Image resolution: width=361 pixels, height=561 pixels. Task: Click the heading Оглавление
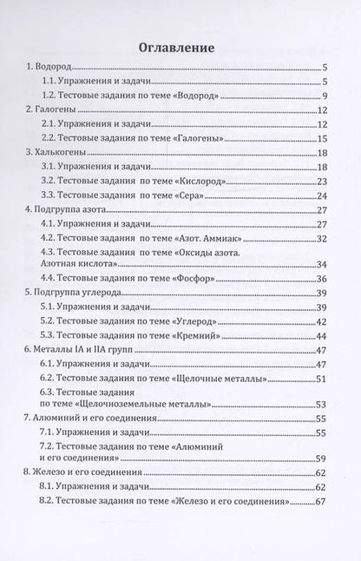coord(180,48)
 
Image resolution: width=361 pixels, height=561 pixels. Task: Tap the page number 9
coord(322,95)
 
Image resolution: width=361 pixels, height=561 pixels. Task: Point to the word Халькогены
coord(62,152)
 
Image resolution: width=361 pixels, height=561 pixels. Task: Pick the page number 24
coord(319,195)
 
